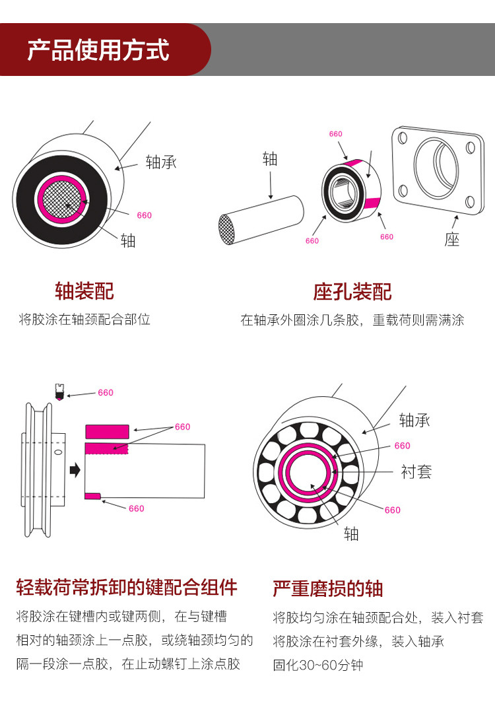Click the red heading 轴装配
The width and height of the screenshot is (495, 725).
click(84, 291)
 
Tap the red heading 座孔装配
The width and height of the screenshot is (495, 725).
click(352, 291)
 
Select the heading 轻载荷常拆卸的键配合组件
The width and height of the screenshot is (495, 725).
click(127, 587)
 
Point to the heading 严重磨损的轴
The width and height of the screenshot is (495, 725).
click(328, 588)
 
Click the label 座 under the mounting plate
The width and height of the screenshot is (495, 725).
click(452, 239)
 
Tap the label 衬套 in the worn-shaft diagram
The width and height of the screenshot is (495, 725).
click(416, 471)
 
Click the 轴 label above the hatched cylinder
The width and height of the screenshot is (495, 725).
click(270, 158)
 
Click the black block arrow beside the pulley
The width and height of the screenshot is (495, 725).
click(75, 470)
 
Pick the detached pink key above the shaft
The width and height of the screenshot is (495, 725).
click(107, 431)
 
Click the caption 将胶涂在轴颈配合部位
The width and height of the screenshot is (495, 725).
click(84, 320)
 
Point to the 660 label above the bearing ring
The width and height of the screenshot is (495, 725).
click(335, 134)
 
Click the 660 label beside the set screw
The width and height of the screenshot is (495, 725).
click(106, 393)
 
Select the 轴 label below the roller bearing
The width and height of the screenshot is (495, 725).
click(351, 534)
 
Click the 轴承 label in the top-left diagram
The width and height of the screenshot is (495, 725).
click(161, 162)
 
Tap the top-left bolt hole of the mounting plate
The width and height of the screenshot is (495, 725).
click(402, 138)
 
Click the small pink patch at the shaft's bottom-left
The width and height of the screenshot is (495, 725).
click(92, 496)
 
